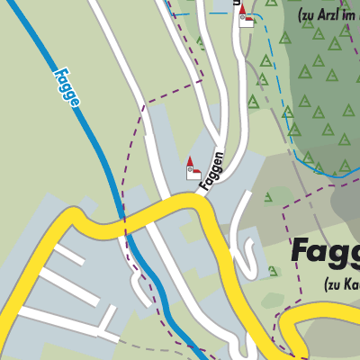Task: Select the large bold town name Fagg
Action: click(x=325, y=249)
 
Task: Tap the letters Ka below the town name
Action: click(x=353, y=285)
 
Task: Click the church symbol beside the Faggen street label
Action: click(x=193, y=171)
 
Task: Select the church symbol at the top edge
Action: click(x=245, y=18)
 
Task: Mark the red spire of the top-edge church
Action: click(x=242, y=8)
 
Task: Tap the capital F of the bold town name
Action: click(x=301, y=249)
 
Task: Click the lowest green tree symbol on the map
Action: click(x=273, y=271)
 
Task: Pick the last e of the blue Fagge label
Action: click(x=76, y=101)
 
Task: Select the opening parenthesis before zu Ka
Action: click(x=328, y=285)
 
